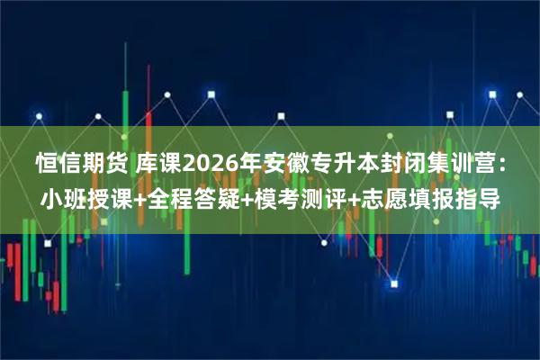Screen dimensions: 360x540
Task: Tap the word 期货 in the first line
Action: tap(105, 164)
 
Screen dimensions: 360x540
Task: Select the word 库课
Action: tap(159, 164)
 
